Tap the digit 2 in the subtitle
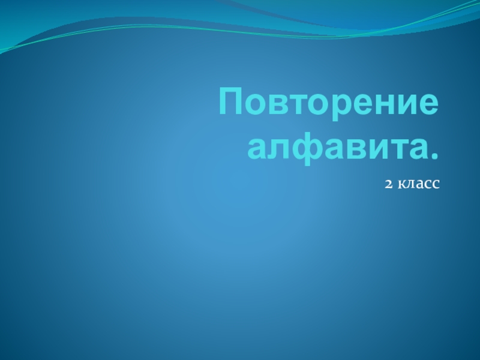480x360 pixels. (x=388, y=184)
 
